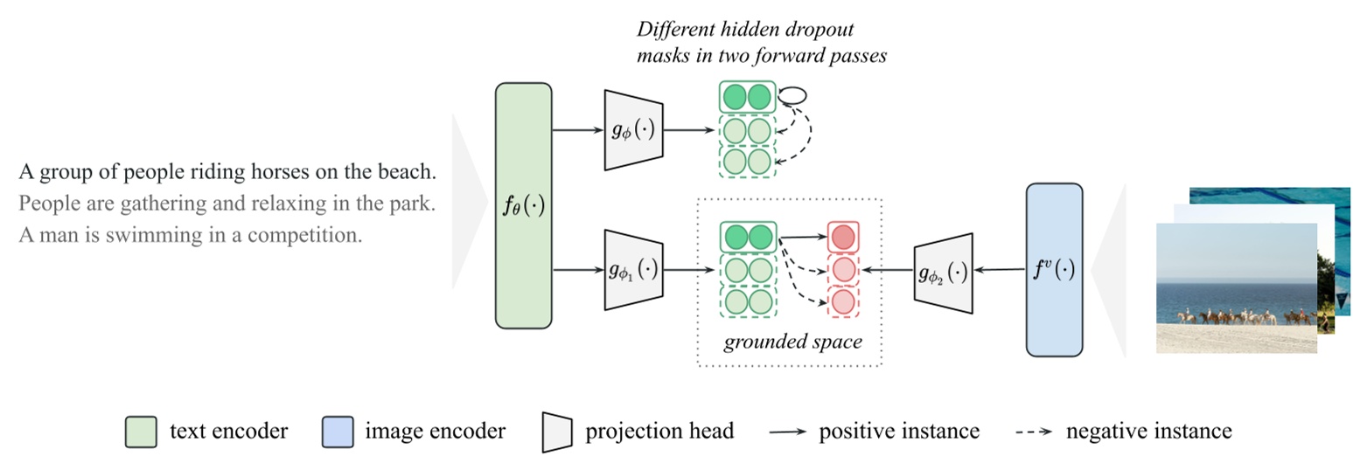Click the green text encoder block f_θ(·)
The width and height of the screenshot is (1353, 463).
click(523, 205)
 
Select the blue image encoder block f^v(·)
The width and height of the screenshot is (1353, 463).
click(1054, 270)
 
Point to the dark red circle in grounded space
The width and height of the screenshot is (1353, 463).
click(842, 237)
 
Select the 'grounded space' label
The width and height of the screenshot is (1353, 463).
click(792, 342)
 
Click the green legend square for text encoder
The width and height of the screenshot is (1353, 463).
click(140, 432)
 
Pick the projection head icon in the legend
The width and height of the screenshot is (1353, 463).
click(556, 432)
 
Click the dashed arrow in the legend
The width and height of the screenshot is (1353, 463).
click(1035, 432)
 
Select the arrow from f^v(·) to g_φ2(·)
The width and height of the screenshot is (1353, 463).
click(1000, 271)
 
